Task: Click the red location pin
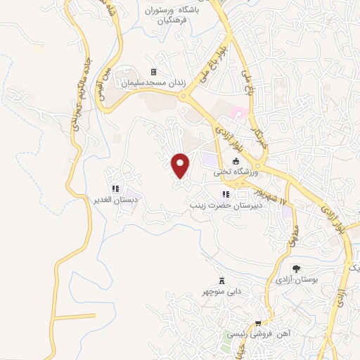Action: click(x=181, y=166)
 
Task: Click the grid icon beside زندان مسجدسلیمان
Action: click(x=153, y=72)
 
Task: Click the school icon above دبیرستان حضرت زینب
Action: click(x=225, y=194)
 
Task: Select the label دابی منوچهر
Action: click(x=222, y=290)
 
